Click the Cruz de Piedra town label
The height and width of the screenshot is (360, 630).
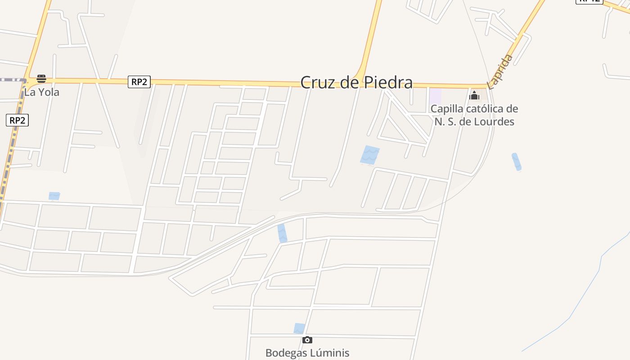pyautogui.click(x=356, y=82)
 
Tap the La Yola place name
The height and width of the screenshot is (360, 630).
pyautogui.click(x=41, y=92)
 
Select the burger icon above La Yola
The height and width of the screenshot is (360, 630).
pyautogui.click(x=41, y=79)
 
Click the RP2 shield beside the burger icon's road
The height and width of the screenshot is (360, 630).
pyautogui.click(x=139, y=82)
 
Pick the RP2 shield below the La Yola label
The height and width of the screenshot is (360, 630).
pyautogui.click(x=18, y=120)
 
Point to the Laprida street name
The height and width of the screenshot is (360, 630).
pyautogui.click(x=500, y=72)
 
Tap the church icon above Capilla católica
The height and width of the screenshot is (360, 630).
pyautogui.click(x=474, y=95)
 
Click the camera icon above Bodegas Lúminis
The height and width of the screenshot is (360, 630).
pyautogui.click(x=307, y=340)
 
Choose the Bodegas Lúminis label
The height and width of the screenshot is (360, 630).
pyautogui.click(x=307, y=353)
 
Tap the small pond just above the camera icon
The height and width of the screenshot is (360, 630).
pyautogui.click(x=299, y=328)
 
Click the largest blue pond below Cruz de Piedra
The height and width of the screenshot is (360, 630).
pyautogui.click(x=370, y=155)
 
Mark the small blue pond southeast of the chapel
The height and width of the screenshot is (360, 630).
pyautogui.click(x=517, y=162)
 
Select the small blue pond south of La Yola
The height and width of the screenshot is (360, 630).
pyautogui.click(x=54, y=196)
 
